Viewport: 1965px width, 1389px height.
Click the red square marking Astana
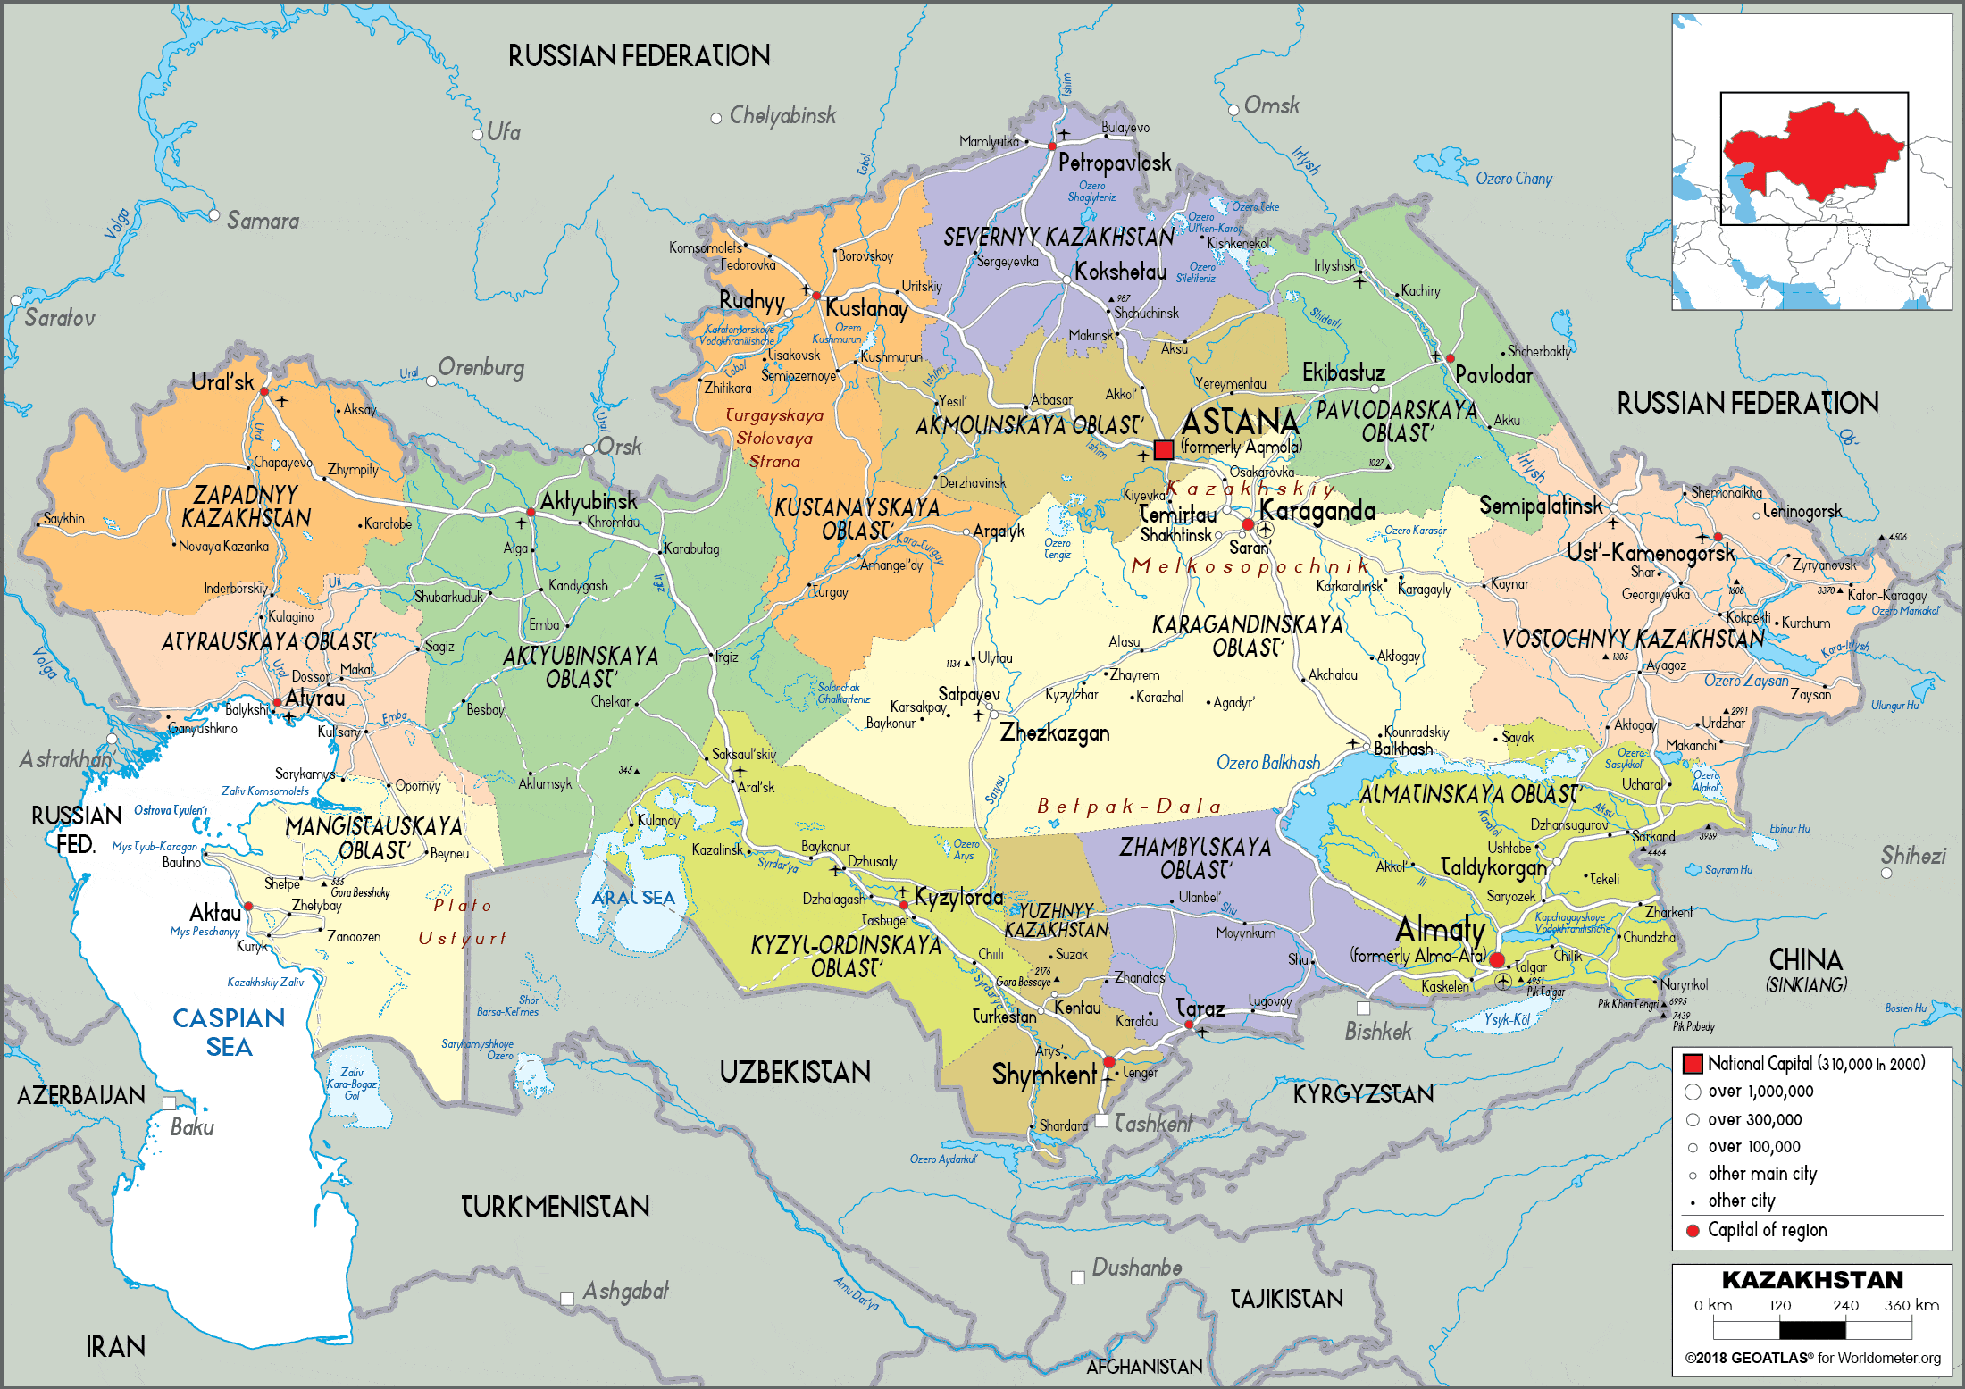[1163, 450]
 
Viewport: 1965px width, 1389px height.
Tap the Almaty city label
[1440, 930]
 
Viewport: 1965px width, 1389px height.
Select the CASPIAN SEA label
[229, 1033]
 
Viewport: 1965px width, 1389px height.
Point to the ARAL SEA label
[633, 898]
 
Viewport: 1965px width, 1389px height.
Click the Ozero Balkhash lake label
[1267, 763]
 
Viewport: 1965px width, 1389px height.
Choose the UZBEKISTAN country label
[795, 1072]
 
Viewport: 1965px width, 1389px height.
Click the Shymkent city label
[1043, 1075]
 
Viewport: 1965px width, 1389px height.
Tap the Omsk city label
[1271, 105]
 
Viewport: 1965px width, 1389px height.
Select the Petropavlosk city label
[1114, 163]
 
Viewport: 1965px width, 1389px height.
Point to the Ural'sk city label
[222, 382]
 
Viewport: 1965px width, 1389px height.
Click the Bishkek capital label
[1378, 1032]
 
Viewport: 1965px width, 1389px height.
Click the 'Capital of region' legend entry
[1767, 1230]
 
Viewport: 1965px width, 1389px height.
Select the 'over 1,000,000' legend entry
[1760, 1092]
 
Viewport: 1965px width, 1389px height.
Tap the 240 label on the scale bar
[1845, 1305]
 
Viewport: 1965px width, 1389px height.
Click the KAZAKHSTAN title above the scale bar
[1812, 1280]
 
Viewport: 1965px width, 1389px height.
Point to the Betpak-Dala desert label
[1129, 807]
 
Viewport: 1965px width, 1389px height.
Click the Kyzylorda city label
[957, 897]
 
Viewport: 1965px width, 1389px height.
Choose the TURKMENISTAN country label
[555, 1208]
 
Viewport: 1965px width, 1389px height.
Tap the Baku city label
[192, 1127]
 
